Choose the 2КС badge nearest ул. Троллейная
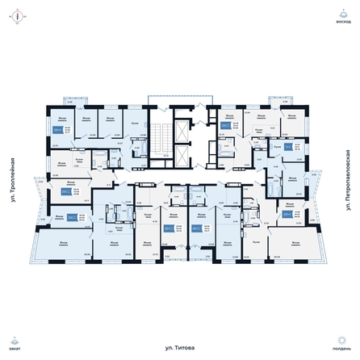(65, 192)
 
